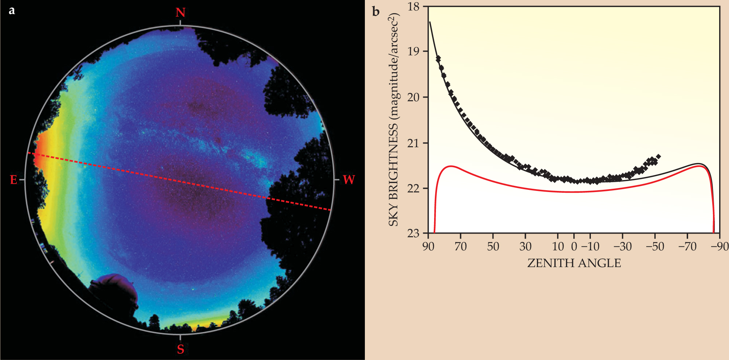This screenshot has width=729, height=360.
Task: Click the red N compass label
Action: tap(180, 13)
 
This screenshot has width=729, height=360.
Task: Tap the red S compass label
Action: tap(180, 349)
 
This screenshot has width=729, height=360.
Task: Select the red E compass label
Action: tap(13, 180)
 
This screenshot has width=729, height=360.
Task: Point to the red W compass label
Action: tap(349, 180)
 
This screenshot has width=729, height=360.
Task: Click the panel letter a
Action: tap(12, 10)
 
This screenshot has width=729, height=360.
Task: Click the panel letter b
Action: tap(376, 12)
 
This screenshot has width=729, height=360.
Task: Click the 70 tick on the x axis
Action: tap(461, 247)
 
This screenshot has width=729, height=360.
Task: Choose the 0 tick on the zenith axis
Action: tap(574, 247)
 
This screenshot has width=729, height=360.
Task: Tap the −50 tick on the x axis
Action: tap(655, 247)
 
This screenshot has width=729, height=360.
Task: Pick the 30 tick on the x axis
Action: tap(525, 247)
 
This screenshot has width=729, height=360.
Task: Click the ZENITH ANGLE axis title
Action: tap(574, 263)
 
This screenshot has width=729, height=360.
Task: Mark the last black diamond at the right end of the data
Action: tap(658, 157)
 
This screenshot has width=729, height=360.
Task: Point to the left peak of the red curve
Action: tap(451, 166)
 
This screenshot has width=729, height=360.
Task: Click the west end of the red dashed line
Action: tap(330, 210)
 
